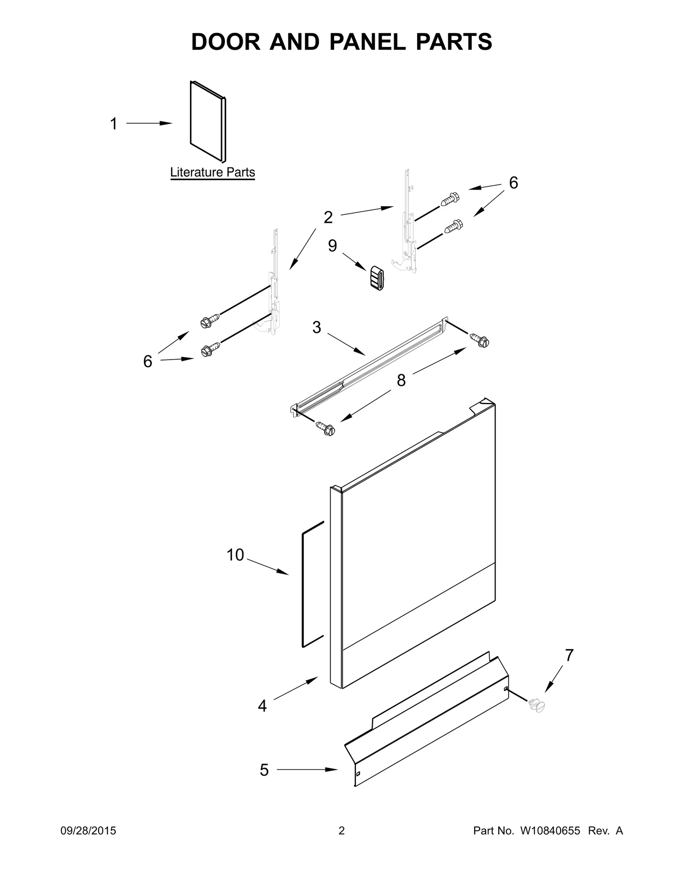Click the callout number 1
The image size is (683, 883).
pos(114,124)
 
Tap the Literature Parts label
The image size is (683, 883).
pos(213,172)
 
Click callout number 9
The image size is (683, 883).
pos(333,246)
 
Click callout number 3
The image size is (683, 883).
pos(316,327)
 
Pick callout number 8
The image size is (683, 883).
pos(401,380)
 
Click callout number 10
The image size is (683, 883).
pos(235,555)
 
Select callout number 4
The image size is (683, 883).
pos(262,706)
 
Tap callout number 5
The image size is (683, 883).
pos(264,770)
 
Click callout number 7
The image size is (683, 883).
pos(569,655)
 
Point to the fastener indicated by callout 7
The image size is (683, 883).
pos(537,705)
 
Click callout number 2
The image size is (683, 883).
pos(328,217)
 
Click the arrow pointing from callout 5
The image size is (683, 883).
pos(307,770)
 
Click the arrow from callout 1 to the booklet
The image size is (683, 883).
pos(149,124)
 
